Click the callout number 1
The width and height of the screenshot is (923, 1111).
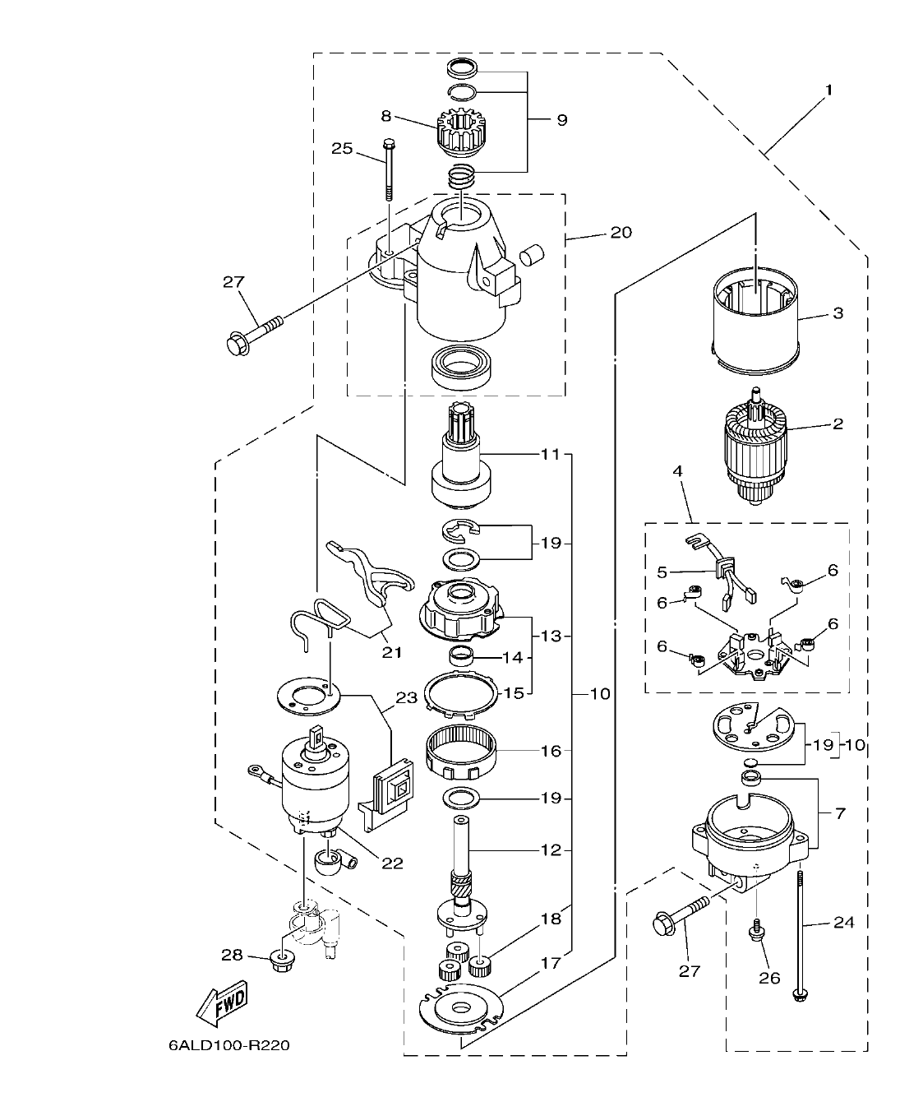tap(828, 90)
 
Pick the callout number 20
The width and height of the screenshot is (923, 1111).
tap(621, 233)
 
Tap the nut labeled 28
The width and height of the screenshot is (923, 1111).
tap(280, 959)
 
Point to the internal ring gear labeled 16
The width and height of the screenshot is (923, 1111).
tap(463, 749)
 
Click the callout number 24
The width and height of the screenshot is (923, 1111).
tap(844, 923)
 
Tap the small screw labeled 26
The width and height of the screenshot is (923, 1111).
tap(753, 931)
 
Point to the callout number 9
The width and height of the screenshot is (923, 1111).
tap(561, 120)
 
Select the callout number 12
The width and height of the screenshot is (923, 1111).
tap(551, 849)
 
